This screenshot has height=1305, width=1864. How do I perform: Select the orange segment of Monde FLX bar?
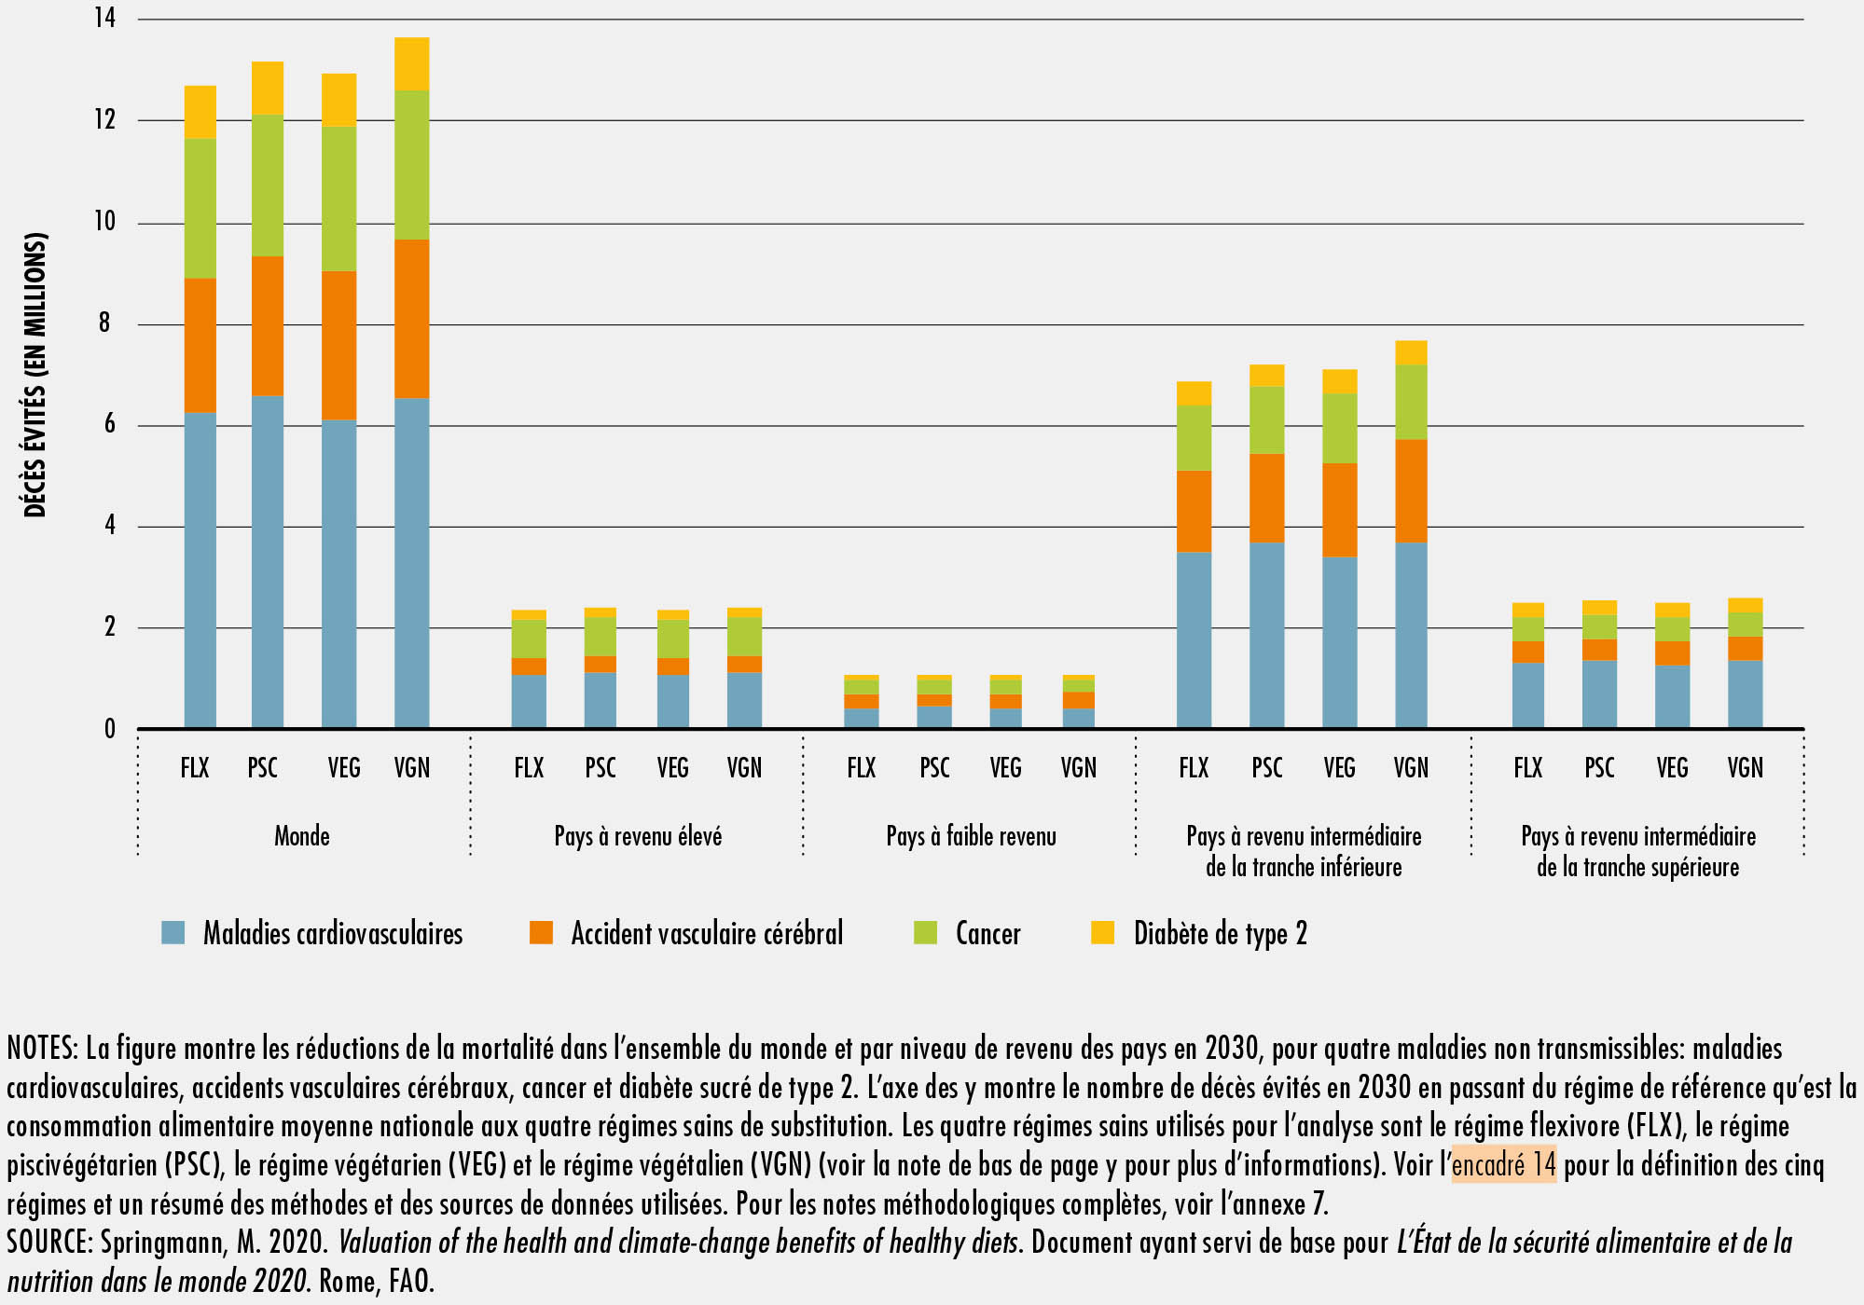[x=200, y=345]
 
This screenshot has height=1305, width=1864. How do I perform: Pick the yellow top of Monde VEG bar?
[x=338, y=100]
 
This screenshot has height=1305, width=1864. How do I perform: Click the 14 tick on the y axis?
[x=104, y=18]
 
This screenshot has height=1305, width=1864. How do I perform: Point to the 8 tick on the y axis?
[x=104, y=323]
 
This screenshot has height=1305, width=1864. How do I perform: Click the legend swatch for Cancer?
[x=925, y=932]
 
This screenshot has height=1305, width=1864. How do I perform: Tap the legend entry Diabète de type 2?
[x=1220, y=933]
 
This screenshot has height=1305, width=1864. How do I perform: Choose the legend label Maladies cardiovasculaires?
[x=332, y=933]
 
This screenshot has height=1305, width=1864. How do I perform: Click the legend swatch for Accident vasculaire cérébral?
[x=541, y=932]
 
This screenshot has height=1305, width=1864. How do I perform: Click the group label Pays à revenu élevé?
[x=638, y=836]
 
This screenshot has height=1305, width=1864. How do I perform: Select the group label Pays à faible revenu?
[x=971, y=836]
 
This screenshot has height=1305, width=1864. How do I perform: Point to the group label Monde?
[x=301, y=836]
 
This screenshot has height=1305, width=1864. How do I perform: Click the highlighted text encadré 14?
[x=1503, y=1164]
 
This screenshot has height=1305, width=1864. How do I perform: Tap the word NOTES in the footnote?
[x=41, y=1049]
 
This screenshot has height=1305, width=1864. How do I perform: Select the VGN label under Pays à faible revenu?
[x=1078, y=768]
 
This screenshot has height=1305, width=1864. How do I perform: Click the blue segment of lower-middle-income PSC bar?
[x=1266, y=635]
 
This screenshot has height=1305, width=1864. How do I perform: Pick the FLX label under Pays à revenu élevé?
[x=529, y=768]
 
